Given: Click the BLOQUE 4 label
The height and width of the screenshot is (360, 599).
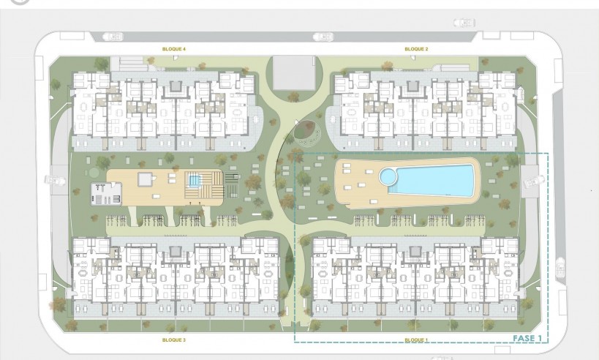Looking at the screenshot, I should tap(174, 49).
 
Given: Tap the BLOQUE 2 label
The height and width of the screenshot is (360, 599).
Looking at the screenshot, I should tap(416, 49).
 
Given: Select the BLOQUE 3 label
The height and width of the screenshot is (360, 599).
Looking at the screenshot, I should tap(174, 340).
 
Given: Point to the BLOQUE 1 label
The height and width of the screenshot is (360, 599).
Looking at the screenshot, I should tap(416, 340).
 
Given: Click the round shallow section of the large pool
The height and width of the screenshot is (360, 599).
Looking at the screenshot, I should tap(388, 176).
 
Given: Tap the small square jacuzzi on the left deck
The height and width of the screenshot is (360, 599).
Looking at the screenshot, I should tap(194, 180).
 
